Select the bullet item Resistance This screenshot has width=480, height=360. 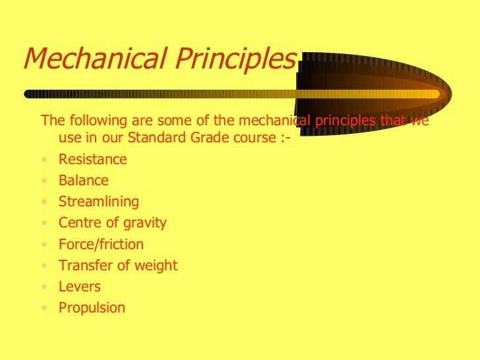coord(92,160)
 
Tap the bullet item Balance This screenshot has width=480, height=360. coord(83,181)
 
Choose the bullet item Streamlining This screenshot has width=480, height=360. coord(98,202)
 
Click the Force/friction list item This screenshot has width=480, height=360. coord(100,245)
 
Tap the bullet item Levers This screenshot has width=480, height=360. coord(79,287)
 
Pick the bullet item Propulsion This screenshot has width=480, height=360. coord(92,308)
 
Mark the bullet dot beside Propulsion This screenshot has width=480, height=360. coord(44,309)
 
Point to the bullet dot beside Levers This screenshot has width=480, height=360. coord(44,287)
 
